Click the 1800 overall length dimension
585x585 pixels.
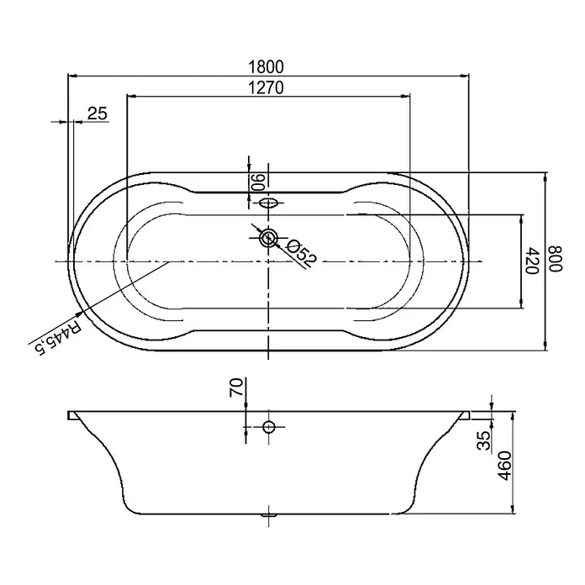(x=266, y=66)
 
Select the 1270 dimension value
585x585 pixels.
(x=266, y=87)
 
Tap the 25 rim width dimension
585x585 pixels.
(x=97, y=113)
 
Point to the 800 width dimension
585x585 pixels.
(x=556, y=259)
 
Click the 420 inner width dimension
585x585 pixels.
(x=532, y=261)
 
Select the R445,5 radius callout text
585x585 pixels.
(x=57, y=337)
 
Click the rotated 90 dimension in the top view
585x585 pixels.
(x=258, y=182)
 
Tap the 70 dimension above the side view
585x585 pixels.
(x=236, y=387)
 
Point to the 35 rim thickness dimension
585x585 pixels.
(x=484, y=440)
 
